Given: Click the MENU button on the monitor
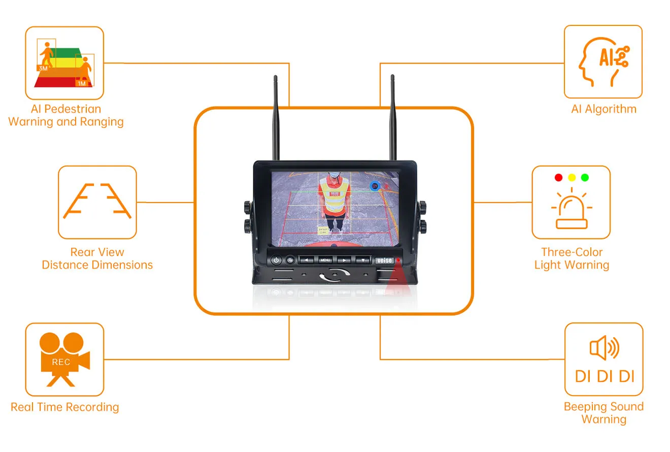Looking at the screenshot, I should [325, 260].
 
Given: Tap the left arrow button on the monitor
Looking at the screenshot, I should [306, 260].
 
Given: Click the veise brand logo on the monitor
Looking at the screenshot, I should [384, 261].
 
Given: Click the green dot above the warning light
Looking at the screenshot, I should [585, 178].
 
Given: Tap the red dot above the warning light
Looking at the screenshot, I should [559, 178].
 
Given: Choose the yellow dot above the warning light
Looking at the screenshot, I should [572, 178].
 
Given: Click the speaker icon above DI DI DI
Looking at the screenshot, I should [604, 348].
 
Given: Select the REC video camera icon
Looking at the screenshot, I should [64, 359].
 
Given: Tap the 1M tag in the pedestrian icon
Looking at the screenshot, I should [82, 83].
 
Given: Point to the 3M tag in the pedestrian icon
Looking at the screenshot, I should [44, 68].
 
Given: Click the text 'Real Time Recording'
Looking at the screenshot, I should [65, 407].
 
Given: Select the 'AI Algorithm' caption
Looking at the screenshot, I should [604, 109].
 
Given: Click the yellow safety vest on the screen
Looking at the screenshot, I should [334, 198].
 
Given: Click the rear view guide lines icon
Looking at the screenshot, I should [97, 202].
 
